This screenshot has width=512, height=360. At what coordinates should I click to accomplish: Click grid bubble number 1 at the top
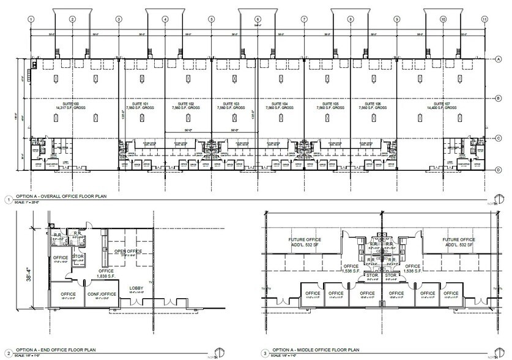pos(29,19)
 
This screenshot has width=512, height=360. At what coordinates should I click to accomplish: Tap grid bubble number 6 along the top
pos(258,19)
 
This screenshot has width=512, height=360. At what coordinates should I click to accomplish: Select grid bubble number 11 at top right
pos(484,19)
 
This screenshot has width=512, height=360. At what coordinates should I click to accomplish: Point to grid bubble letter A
pos(499,59)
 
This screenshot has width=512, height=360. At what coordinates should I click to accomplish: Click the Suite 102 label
pos(187,104)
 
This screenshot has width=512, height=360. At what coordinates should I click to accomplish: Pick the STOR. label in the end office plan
pos(78,257)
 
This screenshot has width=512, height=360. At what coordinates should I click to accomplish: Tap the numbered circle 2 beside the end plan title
pos(7,352)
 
